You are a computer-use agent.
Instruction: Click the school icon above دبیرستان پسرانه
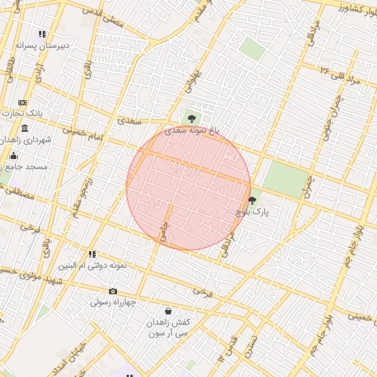tap(43, 34)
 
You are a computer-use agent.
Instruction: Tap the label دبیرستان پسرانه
tap(43, 46)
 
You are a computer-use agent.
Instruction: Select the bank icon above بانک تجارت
tap(23, 102)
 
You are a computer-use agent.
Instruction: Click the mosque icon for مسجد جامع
tap(13, 155)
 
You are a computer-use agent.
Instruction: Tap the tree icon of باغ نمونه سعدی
tap(191, 118)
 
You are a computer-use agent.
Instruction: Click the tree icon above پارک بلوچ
tap(253, 200)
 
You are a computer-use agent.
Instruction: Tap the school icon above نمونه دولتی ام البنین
tap(92, 254)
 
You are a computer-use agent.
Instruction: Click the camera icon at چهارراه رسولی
tap(113, 291)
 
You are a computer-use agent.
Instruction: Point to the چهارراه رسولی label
tap(114, 302)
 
